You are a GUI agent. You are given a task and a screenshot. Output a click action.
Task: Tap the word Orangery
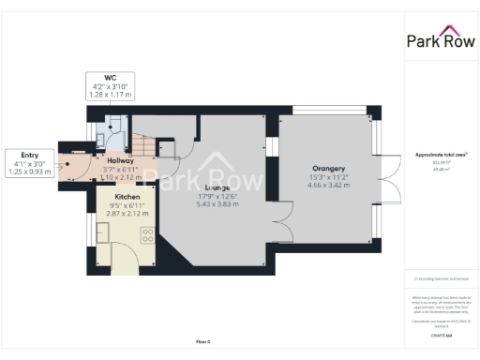[x=328, y=169]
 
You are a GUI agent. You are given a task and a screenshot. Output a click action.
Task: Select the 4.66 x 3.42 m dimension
[x=328, y=186]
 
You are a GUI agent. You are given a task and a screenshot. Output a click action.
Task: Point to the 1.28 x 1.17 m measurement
[x=110, y=94]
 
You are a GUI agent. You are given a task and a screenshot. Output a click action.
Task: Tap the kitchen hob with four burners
[x=148, y=235]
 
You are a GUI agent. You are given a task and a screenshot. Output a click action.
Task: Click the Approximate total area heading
[x=441, y=154]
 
